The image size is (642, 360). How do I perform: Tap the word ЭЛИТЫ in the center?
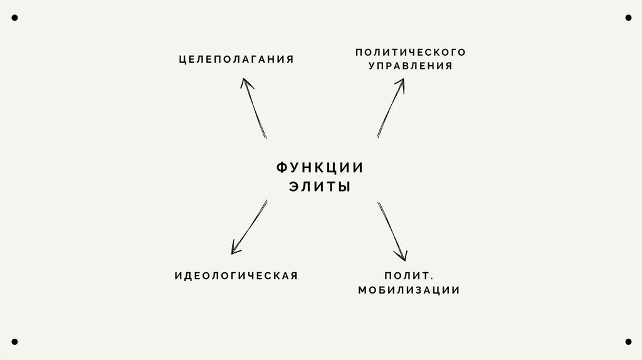tap(320, 187)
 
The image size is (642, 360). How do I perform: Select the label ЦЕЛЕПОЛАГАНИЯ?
tap(236, 60)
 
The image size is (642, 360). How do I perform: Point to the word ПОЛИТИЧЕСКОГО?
tap(411, 51)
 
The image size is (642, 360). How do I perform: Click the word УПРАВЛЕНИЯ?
tap(411, 66)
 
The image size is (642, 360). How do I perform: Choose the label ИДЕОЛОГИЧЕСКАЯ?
tap(236, 275)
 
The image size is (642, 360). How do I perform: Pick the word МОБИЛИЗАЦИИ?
tap(409, 290)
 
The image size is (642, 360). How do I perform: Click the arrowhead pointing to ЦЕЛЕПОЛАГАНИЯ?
tap(245, 82)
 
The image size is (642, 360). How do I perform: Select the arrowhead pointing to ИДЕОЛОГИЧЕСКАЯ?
tap(234, 250)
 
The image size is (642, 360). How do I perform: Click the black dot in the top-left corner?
tap(14, 18)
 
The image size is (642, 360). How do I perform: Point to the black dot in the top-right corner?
tap(628, 18)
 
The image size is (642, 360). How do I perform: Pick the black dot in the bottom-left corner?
tap(14, 342)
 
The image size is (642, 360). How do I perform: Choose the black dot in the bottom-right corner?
tap(628, 342)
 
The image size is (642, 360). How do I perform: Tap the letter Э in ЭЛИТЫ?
tap(294, 187)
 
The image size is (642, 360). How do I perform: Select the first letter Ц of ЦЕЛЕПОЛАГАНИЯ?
tap(182, 60)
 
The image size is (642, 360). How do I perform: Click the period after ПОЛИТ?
tap(432, 278)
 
